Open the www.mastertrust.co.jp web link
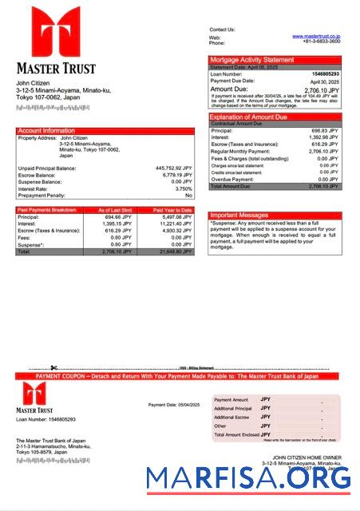pyautogui.click(x=316, y=36)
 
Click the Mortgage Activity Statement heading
pyautogui.click(x=251, y=60)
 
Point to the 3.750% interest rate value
pyautogui.click(x=183, y=188)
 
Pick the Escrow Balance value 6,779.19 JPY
pyautogui.click(x=176, y=175)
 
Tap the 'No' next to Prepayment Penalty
pyautogui.click(x=188, y=196)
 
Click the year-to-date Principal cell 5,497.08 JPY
pyautogui.click(x=176, y=217)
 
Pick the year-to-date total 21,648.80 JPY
pyautogui.click(x=176, y=252)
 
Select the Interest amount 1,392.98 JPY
pyautogui.click(x=323, y=137)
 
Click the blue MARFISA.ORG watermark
pyautogui.click(x=248, y=477)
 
